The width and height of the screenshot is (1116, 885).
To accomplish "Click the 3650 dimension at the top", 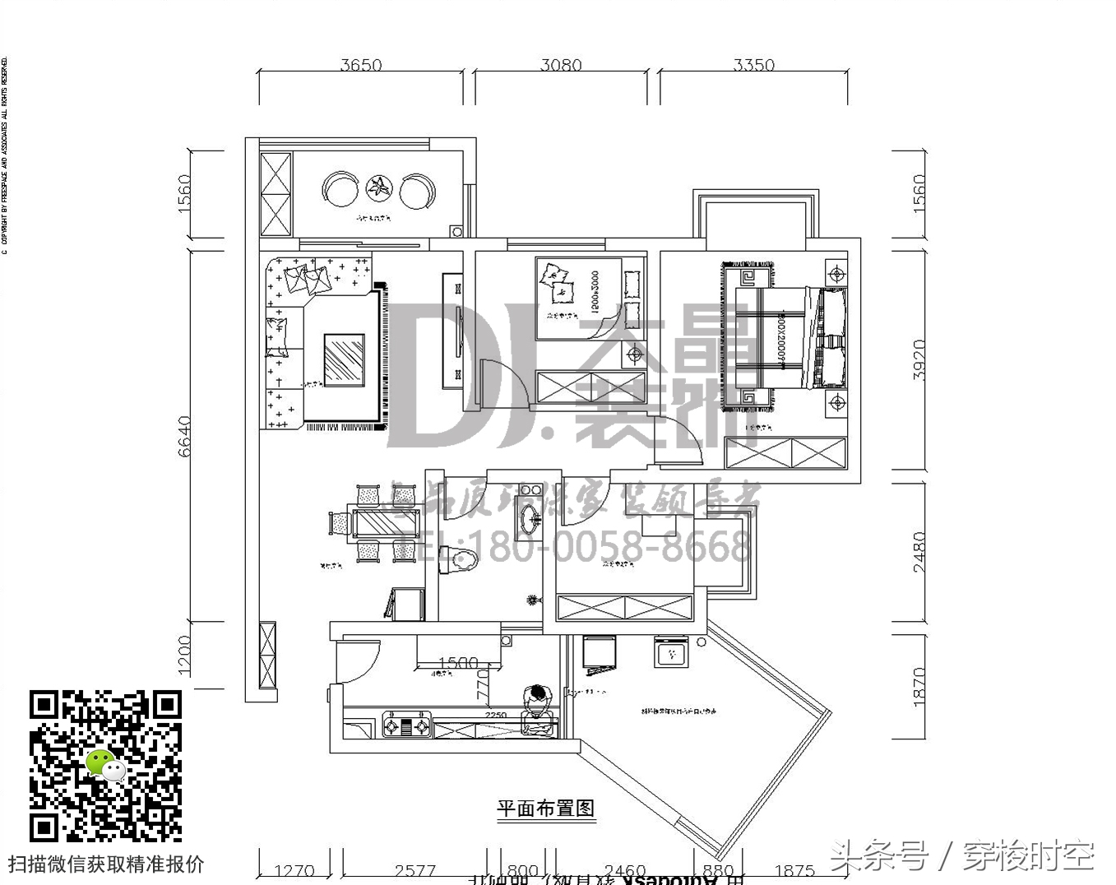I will point(361,65).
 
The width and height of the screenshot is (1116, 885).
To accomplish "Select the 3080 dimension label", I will point(561,65).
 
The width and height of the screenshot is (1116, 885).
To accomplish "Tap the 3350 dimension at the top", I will point(753,65).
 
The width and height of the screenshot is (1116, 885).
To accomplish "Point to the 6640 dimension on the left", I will point(185,436).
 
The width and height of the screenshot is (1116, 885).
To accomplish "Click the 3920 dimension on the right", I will point(919,359).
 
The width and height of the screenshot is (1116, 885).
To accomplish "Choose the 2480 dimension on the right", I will point(919,552).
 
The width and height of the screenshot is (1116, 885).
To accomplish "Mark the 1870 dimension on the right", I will point(919,685).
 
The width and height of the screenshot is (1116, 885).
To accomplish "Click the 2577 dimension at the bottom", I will point(414,870).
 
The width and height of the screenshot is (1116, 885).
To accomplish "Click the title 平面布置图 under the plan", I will point(545,809).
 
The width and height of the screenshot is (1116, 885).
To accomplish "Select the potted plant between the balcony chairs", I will point(379,188).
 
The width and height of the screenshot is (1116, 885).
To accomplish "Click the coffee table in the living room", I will point(344,359).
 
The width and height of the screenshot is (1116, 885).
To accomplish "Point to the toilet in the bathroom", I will point(464,559).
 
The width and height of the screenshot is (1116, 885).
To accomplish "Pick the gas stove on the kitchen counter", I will point(407,726).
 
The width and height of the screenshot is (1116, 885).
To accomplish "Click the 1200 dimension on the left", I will point(185,655).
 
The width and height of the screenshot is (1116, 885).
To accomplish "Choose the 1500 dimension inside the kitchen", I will point(458,663).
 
